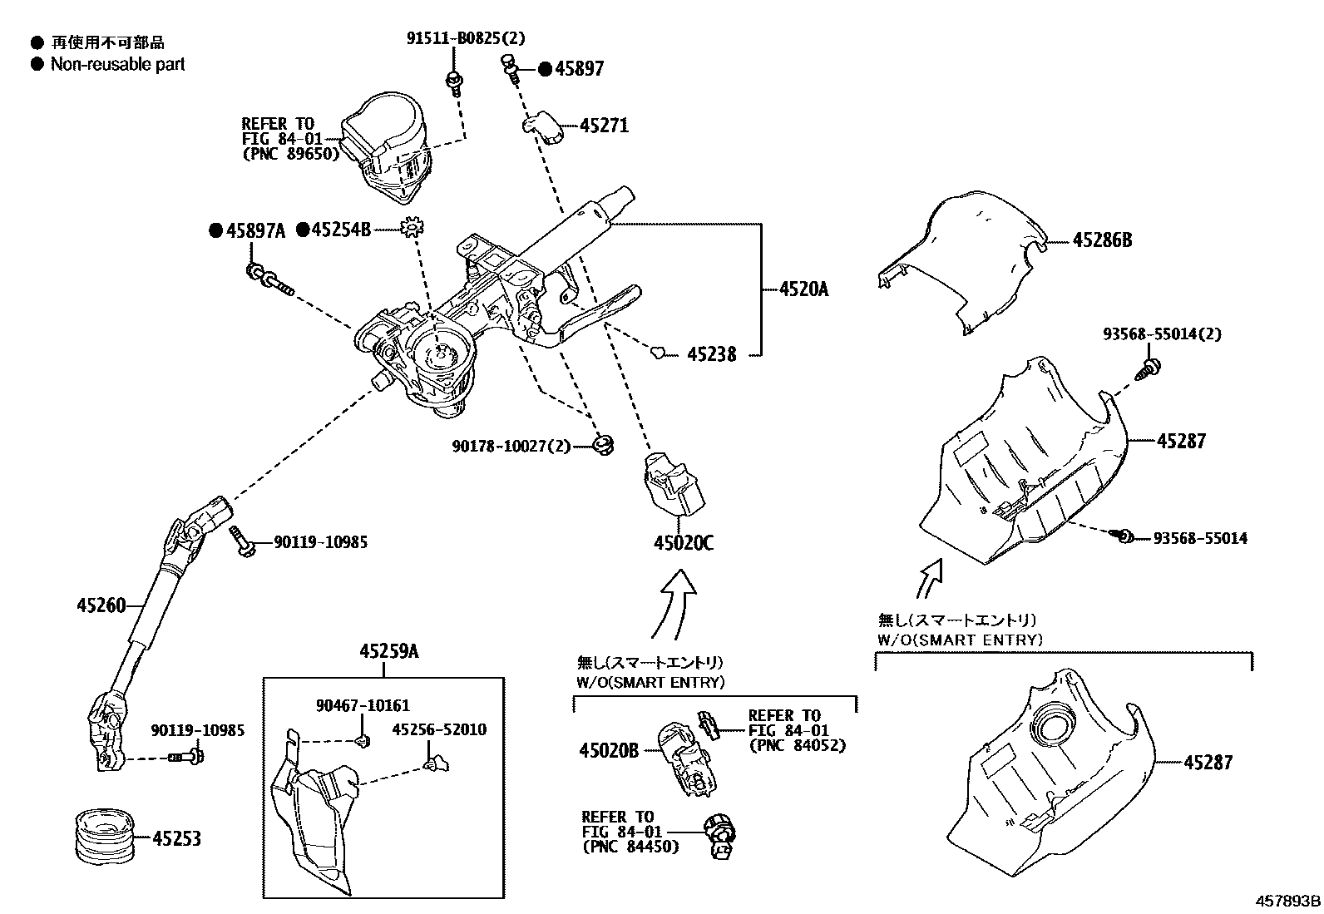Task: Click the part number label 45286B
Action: click(1102, 240)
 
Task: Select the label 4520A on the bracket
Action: click(803, 289)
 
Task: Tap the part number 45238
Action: click(711, 354)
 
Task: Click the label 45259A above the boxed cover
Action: click(388, 653)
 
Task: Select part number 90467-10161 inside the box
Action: click(363, 706)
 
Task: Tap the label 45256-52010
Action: click(439, 729)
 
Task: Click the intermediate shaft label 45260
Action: click(101, 605)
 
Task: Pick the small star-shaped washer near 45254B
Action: click(412, 228)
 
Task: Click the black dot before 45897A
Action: click(215, 230)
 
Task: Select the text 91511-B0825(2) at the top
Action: click(466, 38)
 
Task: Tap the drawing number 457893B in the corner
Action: click(1288, 901)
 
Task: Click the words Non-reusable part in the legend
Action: click(117, 64)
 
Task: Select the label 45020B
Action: click(608, 750)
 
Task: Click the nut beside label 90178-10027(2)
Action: click(604, 443)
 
